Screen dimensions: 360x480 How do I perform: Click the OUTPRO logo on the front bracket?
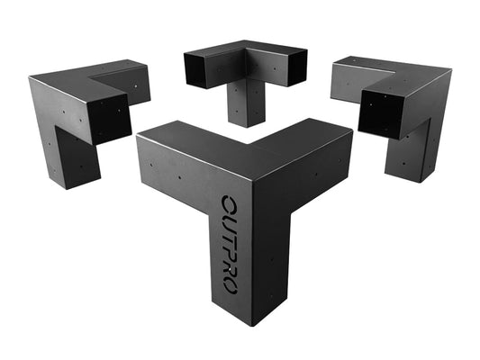click(228, 244)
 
